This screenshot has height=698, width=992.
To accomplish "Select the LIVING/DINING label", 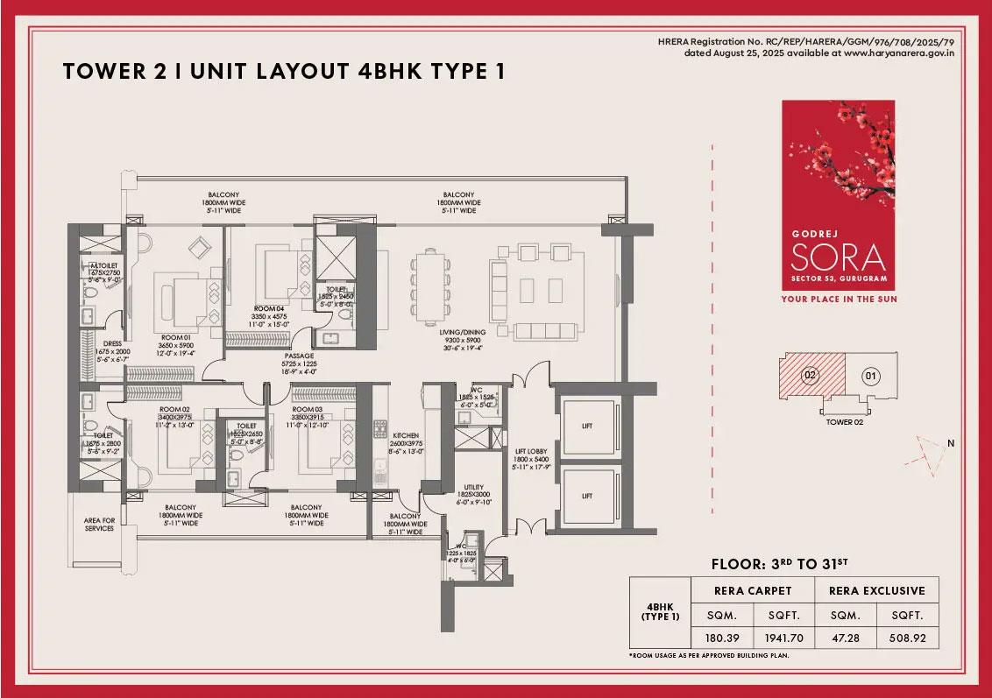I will pyautogui.click(x=458, y=332).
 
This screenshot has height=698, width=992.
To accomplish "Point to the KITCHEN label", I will pyautogui.click(x=405, y=435).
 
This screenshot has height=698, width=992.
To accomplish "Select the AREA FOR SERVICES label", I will pyautogui.click(x=99, y=524).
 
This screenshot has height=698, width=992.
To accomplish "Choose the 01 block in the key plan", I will pyautogui.click(x=870, y=377).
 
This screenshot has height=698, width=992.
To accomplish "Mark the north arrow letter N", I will pyautogui.click(x=950, y=443).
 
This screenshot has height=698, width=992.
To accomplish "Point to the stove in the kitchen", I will pyautogui.click(x=380, y=429).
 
